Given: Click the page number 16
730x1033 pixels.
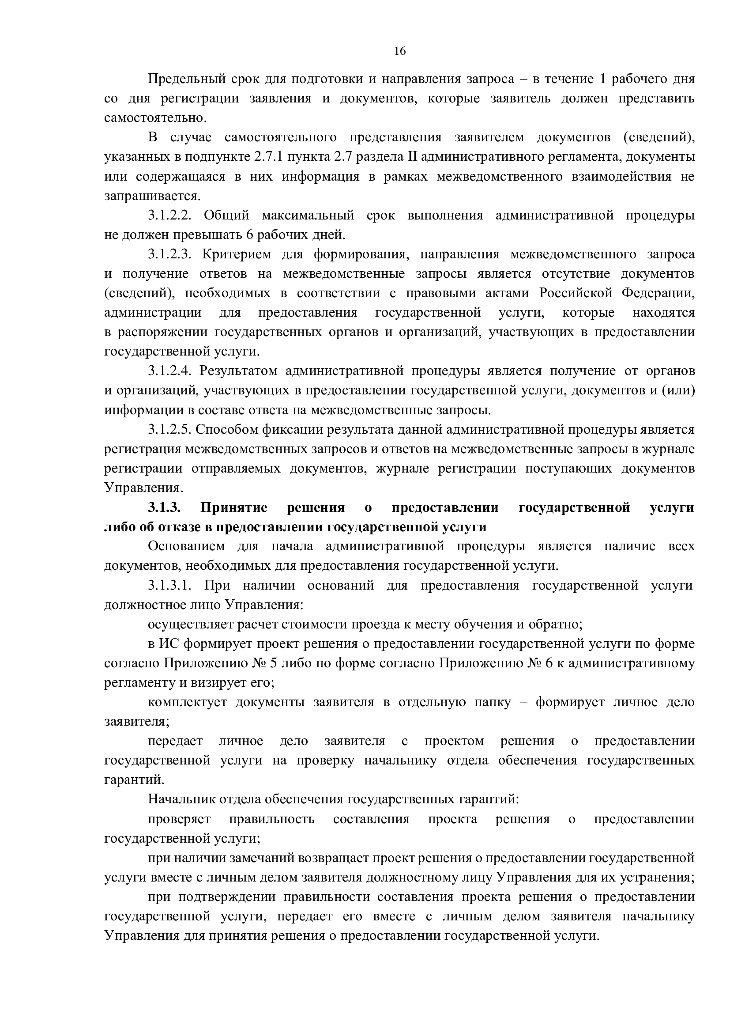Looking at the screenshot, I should [399, 51].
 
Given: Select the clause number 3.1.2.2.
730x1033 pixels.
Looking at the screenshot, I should [170, 216].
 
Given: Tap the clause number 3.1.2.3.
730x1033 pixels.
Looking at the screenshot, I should [170, 255].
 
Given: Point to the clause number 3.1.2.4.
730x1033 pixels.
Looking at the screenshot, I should [170, 371].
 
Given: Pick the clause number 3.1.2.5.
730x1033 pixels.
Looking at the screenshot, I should [170, 430].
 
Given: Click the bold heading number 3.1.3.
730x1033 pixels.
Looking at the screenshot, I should [165, 508].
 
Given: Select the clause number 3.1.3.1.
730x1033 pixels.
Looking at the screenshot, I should [170, 586].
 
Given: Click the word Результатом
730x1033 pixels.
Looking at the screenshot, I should [237, 371].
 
